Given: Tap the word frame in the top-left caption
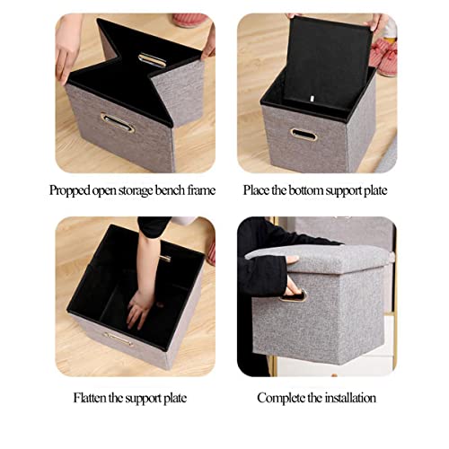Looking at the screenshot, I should click(x=201, y=190).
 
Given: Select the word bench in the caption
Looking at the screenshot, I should click(x=167, y=190).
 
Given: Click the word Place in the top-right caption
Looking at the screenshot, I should click(x=258, y=190).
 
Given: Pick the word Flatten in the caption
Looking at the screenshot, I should click(x=92, y=397).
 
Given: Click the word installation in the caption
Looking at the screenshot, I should click(x=347, y=397).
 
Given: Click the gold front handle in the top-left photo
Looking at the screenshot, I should click(x=117, y=122).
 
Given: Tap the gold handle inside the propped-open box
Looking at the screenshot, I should click(x=152, y=60).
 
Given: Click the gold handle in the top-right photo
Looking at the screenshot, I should click(x=304, y=135).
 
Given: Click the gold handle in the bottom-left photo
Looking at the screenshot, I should click(x=118, y=338).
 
